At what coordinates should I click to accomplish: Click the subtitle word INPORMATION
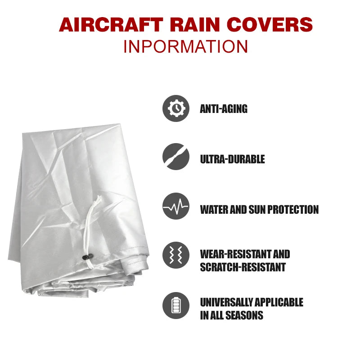185,46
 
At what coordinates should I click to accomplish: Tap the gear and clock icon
176,108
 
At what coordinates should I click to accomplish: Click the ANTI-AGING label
224,109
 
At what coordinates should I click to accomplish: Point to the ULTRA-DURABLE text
232,159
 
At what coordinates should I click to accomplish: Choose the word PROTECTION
296,210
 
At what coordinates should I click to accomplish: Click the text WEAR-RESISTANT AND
245,254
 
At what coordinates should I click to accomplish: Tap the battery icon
176,306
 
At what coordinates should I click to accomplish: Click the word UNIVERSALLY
226,302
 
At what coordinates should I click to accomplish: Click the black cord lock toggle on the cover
85,257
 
